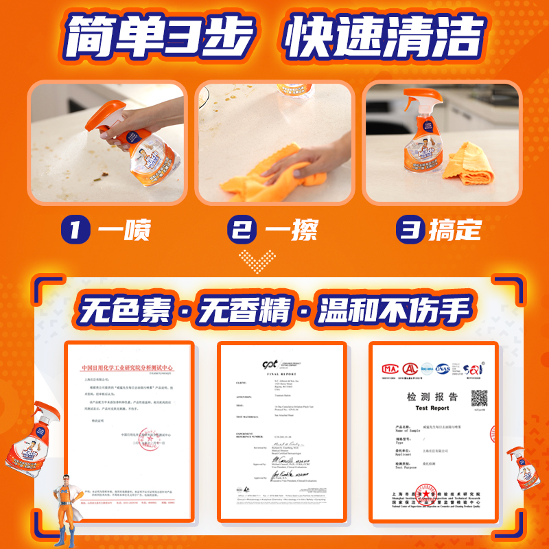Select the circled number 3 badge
(x=411, y=230)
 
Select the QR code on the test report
(x=478, y=398)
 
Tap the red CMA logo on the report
(x=389, y=369)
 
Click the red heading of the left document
(x=129, y=369)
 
